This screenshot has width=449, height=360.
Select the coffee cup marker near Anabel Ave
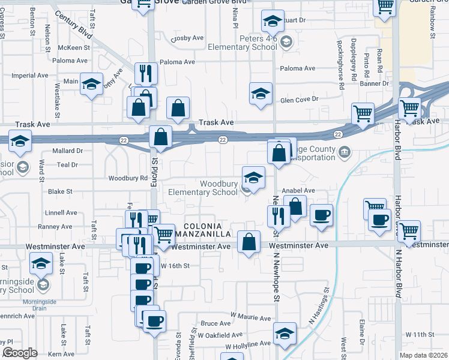(321, 215)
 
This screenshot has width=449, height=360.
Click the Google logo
(20, 353)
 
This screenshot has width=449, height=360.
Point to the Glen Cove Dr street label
(298, 99)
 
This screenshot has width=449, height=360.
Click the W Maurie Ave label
(251, 316)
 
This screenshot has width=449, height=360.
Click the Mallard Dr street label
(67, 151)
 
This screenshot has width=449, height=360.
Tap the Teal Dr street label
(67, 164)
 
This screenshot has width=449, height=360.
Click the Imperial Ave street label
(29, 76)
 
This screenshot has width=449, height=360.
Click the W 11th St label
(419, 334)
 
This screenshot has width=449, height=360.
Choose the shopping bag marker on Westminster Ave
(249, 242)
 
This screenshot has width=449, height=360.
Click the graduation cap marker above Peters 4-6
(273, 22)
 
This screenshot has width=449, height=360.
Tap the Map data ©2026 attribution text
(423, 355)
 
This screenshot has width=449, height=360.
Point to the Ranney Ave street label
(55, 226)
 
